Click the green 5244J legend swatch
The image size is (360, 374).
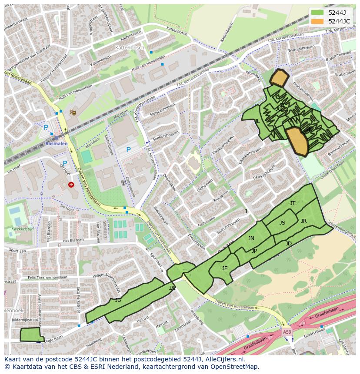coord(317,13)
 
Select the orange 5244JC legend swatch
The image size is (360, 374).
coord(317,21)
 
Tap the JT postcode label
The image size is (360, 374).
coord(293,203)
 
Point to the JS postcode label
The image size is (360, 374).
coord(282,223)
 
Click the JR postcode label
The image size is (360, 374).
coord(303,221)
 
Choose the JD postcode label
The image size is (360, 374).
coord(289,244)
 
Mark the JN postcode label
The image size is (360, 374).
coord(251,238)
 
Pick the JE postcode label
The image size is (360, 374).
coord(225,268)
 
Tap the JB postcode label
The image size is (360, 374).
coord(118,300)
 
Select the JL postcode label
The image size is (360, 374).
coord(257,122)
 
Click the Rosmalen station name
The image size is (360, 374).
coord(56,144)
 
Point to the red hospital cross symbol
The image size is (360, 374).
coord(71,185)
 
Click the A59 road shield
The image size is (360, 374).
coord(287,332)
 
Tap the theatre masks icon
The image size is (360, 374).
coord(73,113)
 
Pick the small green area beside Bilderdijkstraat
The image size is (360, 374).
coord(31,335)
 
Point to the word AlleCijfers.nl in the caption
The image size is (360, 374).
coord(223,360)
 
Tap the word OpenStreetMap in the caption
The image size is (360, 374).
coord(237,367)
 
